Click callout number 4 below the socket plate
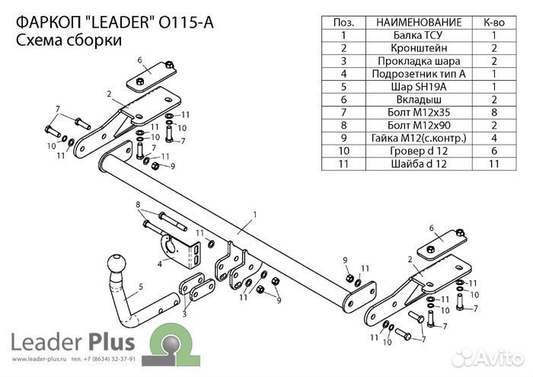tap(159, 264)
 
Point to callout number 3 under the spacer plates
tap(185, 312)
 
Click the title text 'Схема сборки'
tap(69, 43)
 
